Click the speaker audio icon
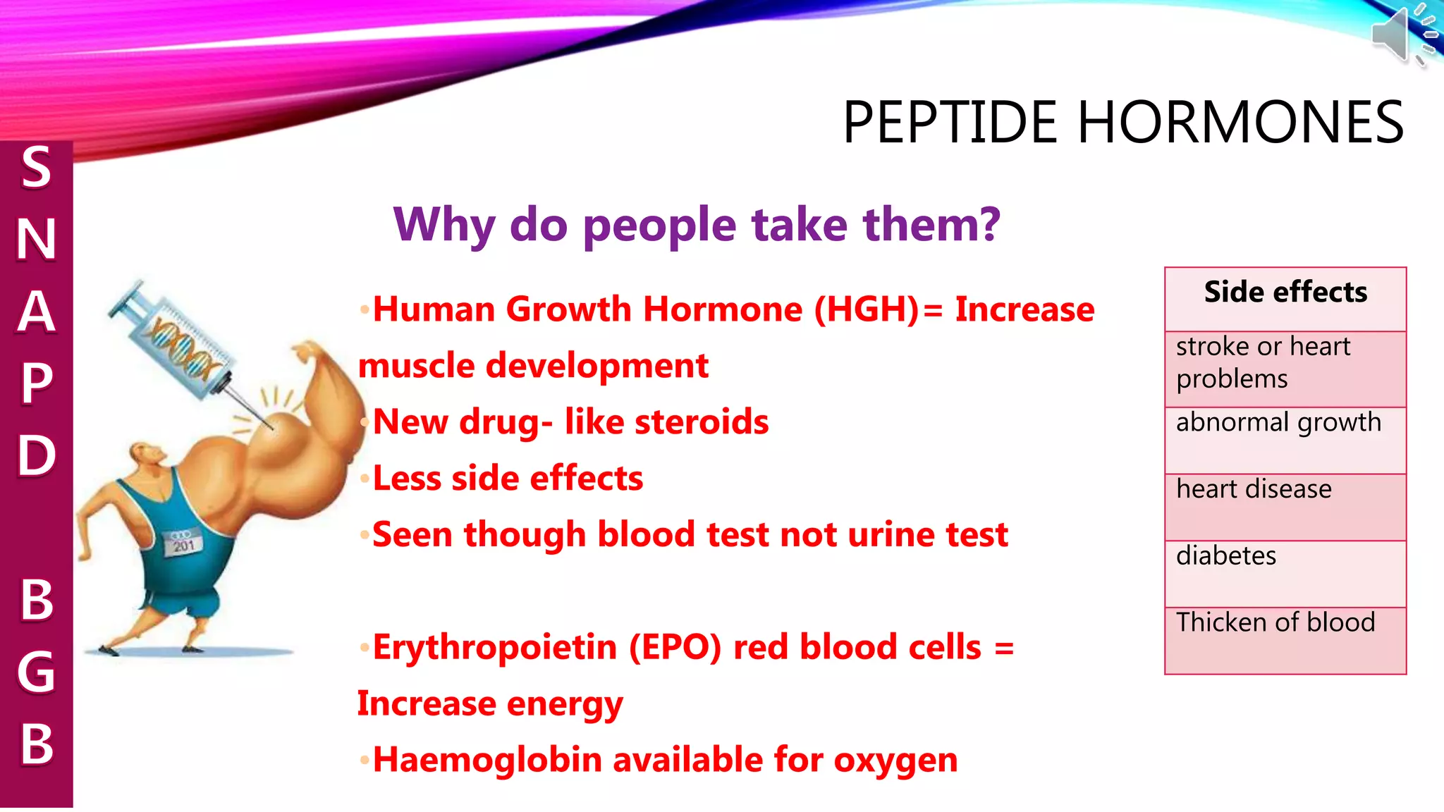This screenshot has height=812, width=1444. (1403, 34)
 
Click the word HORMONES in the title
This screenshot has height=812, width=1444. (1241, 123)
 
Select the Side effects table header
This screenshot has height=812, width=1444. (1285, 293)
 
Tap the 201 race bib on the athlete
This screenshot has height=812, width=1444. (183, 544)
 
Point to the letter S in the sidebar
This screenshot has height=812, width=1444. (36, 168)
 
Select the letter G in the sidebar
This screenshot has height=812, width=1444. (36, 672)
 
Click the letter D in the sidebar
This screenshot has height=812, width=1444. (36, 455)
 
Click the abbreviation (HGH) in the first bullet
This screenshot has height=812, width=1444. (867, 310)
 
